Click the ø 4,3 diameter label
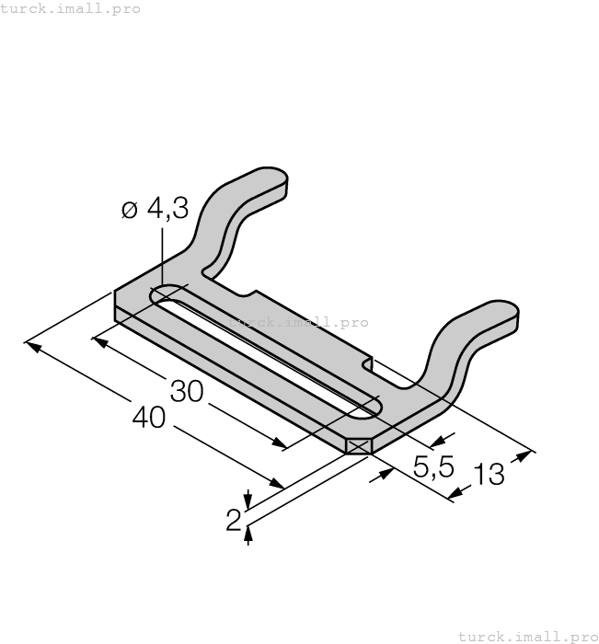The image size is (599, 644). (155, 210)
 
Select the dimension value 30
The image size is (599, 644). (187, 391)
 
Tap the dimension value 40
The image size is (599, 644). (149, 418)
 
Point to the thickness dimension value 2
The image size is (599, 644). (233, 520)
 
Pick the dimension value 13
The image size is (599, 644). (490, 476)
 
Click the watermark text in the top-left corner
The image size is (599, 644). (71, 8)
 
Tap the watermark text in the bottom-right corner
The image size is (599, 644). (527, 636)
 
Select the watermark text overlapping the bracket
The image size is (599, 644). (297, 322)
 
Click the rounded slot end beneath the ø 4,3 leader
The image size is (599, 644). (165, 295)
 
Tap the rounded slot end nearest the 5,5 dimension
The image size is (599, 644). (372, 404)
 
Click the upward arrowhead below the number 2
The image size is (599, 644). (248, 535)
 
